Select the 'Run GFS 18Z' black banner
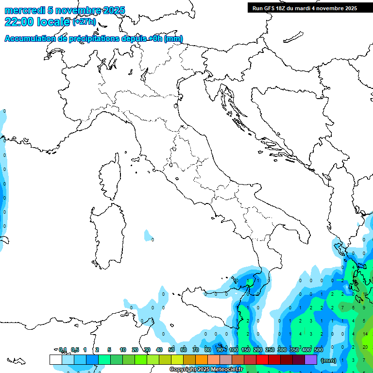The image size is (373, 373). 305,8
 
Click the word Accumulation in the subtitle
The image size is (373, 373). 30,39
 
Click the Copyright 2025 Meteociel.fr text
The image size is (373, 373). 206,370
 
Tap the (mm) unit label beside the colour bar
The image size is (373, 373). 329,360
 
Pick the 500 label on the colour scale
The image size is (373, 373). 318,350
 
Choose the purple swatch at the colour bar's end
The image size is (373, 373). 311,359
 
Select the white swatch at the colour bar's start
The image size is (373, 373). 55,359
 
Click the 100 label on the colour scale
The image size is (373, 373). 234,350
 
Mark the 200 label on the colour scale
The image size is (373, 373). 258,350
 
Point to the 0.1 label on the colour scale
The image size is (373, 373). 63,350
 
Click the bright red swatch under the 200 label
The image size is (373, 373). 262,359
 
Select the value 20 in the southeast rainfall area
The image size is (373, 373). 365,347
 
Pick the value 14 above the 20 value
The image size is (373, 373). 365,335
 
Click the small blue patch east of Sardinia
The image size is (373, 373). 148,237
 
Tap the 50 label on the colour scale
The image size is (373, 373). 171,350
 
